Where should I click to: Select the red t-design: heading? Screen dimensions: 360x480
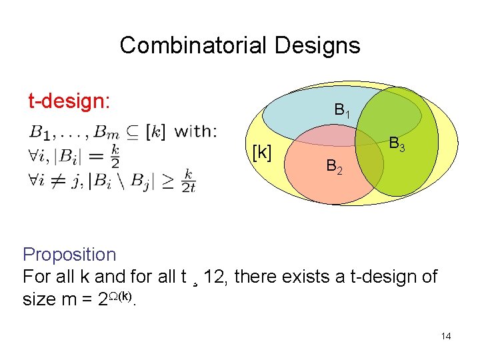pos(69,101)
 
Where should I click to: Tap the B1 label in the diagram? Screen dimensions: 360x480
pos(342,111)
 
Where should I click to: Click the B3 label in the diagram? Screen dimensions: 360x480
pos(397,144)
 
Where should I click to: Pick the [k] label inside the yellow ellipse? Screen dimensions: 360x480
pos(261,153)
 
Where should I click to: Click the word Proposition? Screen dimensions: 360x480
pos(69,255)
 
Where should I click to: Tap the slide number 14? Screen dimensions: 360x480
pos(446,336)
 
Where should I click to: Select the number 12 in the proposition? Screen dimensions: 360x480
pos(216,277)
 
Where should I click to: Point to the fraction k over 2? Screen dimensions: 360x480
pos(115,155)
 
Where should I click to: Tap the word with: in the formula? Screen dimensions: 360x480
pos(195,131)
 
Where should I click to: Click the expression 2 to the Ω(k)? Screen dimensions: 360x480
pos(115,298)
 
